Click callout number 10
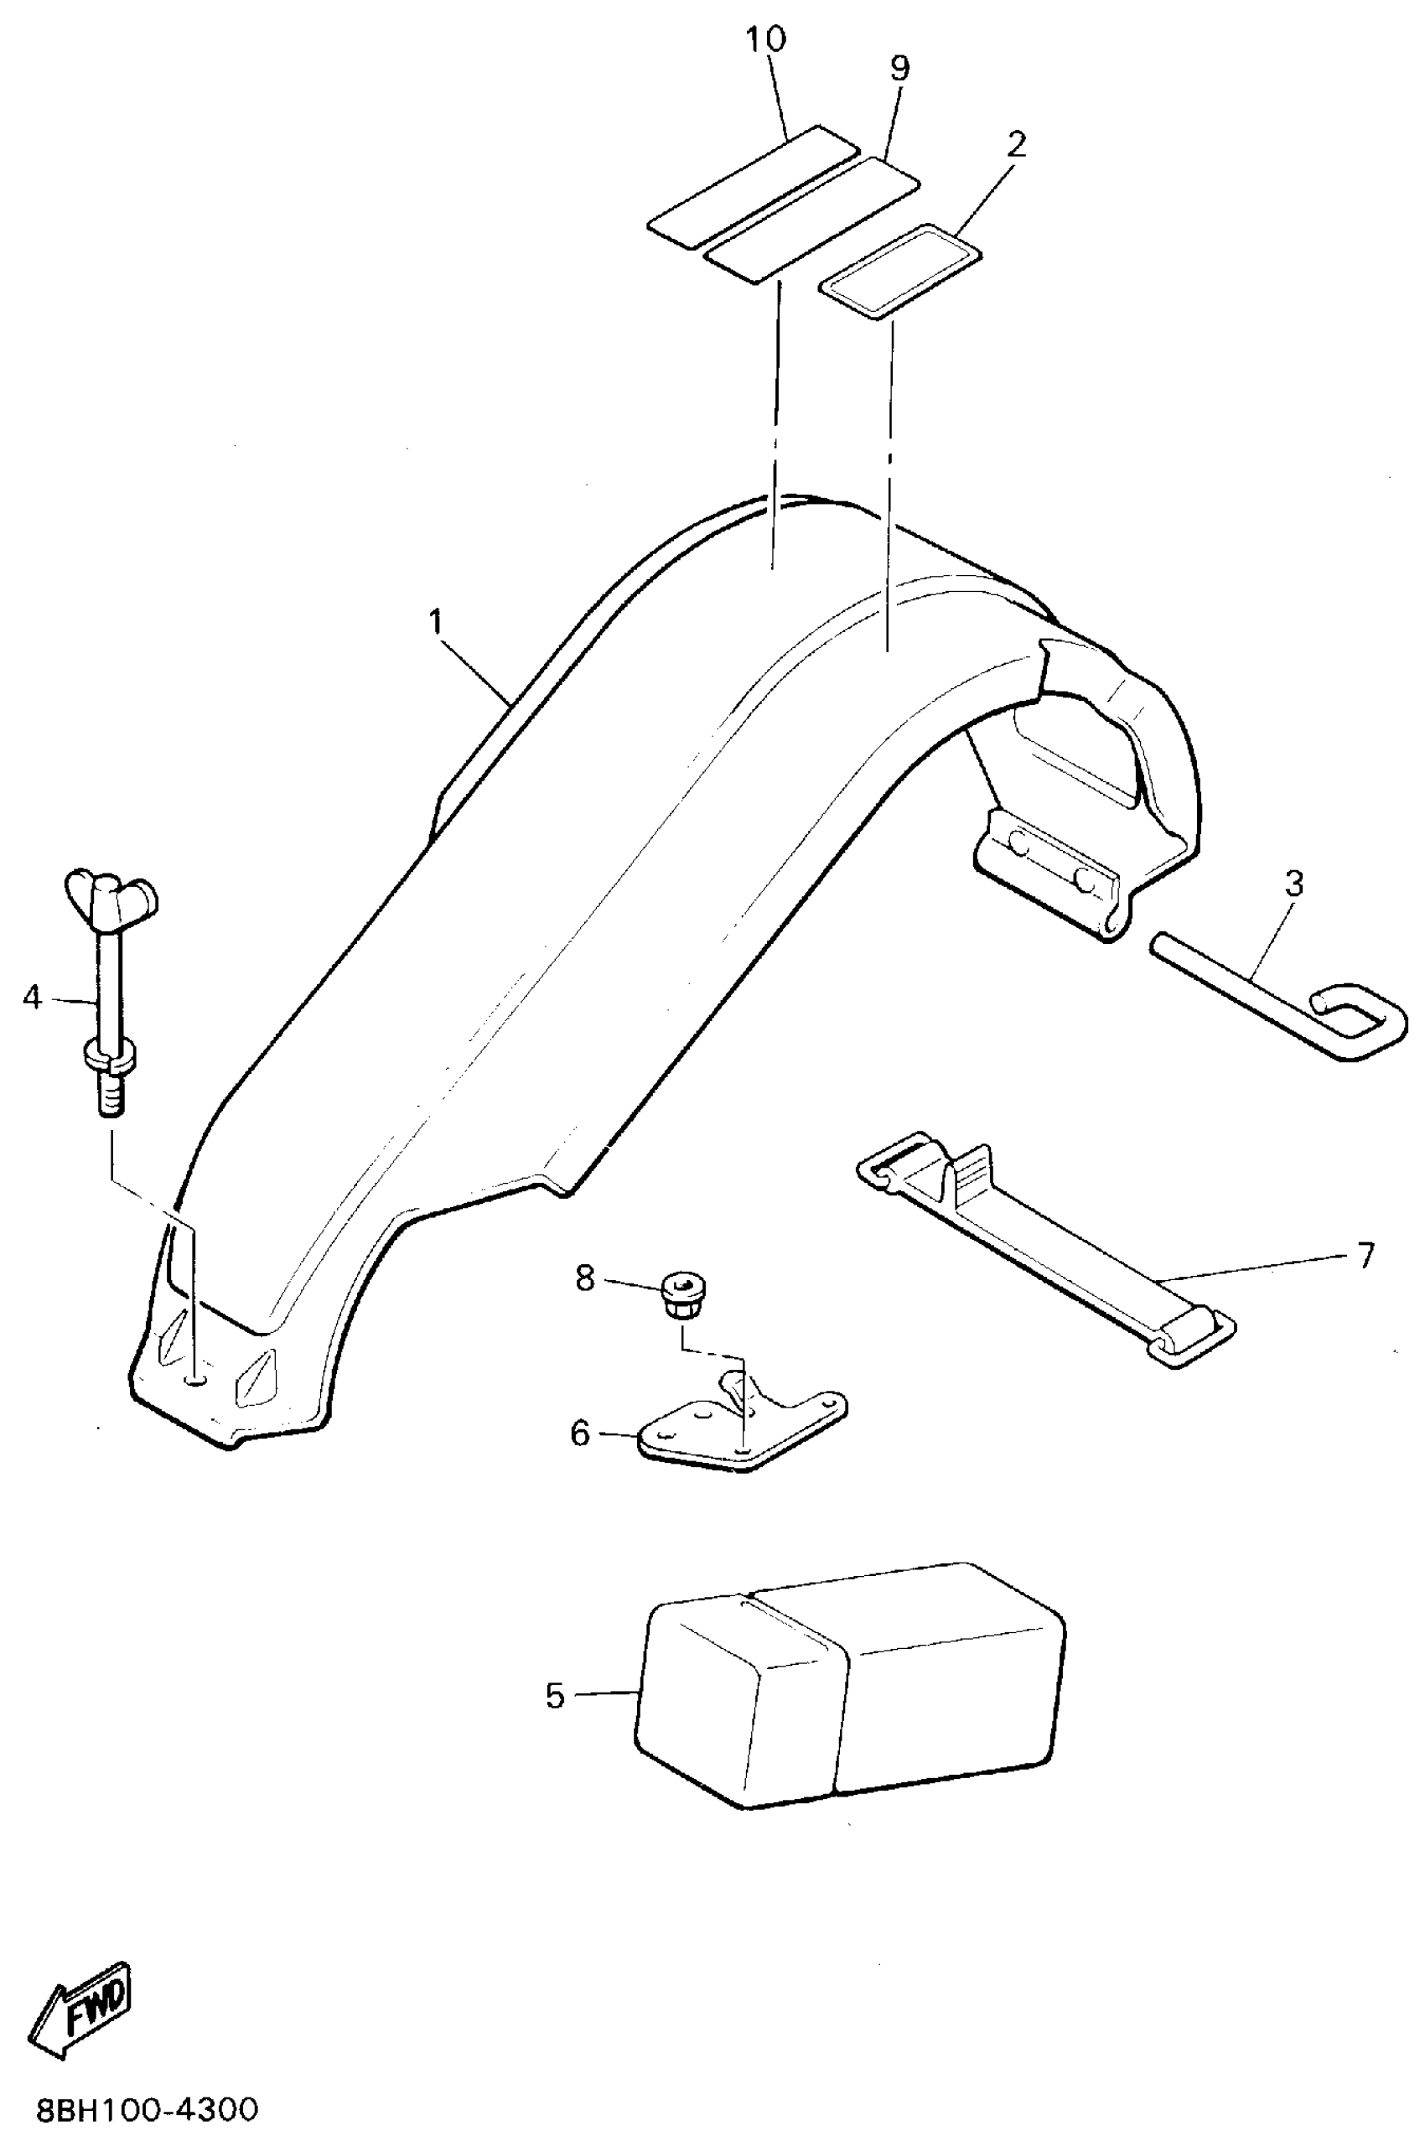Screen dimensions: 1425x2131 tap(766, 41)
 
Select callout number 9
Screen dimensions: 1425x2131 tap(899, 69)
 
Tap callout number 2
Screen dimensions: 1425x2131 tap(1016, 143)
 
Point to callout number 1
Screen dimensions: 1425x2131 tap(436, 623)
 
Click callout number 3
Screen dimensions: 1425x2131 tap(1294, 884)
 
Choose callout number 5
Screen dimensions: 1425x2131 tap(555, 1696)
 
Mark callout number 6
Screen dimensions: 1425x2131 tap(580, 1434)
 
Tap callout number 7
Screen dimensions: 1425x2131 tap(1366, 1256)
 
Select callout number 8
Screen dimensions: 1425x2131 tap(584, 1278)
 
